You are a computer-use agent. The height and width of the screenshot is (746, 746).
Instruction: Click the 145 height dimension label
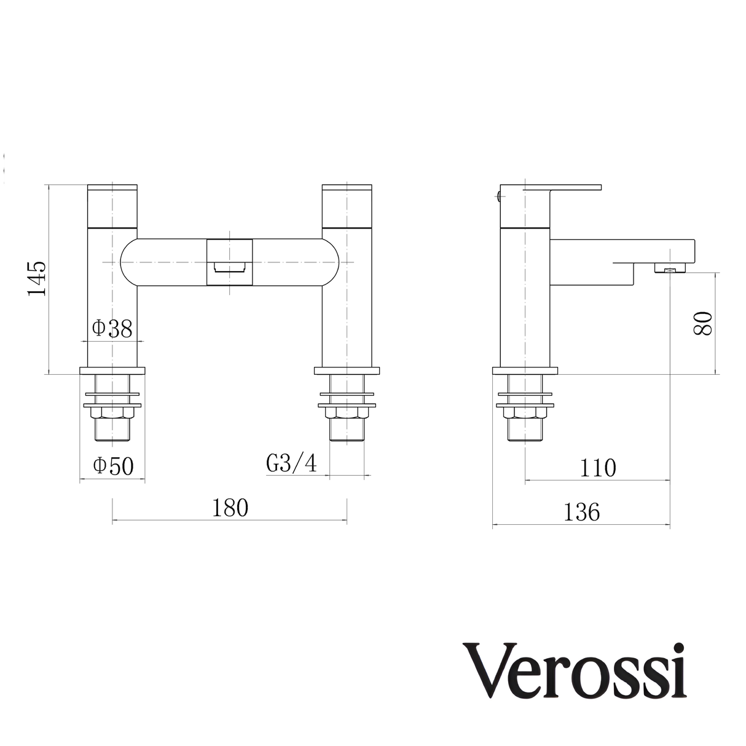37,278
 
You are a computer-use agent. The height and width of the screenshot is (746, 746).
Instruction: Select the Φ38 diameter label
112,329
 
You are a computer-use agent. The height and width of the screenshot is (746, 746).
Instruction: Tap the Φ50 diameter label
113,466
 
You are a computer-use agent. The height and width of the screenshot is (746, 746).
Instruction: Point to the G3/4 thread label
292,463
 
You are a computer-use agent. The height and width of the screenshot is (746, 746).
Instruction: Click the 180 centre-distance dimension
230,508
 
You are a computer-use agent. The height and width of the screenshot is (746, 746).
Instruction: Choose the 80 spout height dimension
703,323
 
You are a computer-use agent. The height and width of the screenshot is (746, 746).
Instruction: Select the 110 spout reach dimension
598,468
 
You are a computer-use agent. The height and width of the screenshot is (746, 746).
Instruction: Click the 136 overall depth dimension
581,511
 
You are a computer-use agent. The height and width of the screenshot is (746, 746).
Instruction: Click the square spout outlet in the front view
230,262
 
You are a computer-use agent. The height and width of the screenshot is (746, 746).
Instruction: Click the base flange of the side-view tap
525,371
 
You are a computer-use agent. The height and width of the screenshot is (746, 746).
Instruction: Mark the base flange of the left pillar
112,371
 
